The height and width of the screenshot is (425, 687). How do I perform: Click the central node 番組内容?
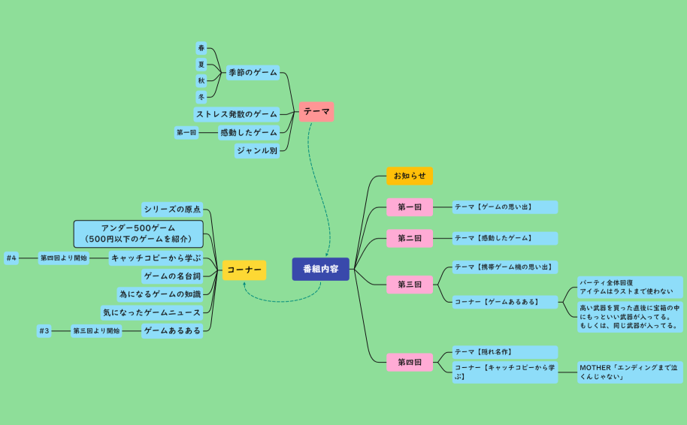pyautogui.click(x=320, y=268)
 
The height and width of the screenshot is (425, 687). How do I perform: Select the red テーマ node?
pyautogui.click(x=316, y=111)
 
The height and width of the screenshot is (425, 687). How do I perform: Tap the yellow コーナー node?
pyautogui.click(x=244, y=270)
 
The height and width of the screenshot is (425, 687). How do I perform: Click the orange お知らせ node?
pyautogui.click(x=410, y=176)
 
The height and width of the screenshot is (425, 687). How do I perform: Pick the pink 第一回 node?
pyautogui.click(x=410, y=206)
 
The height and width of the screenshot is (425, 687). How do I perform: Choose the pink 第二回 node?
pyautogui.click(x=410, y=238)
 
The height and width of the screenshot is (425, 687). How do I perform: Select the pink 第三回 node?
pyautogui.click(x=410, y=285)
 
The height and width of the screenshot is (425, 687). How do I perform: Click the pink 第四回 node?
pyautogui.click(x=410, y=363)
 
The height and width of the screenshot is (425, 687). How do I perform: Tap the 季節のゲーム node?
pyautogui.click(x=253, y=73)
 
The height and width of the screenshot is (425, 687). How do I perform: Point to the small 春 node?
pyautogui.click(x=201, y=48)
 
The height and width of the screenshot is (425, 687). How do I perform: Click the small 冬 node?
pyautogui.click(x=201, y=97)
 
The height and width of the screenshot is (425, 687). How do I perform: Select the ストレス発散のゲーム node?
pyautogui.click(x=237, y=114)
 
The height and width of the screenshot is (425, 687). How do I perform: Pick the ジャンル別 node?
pyautogui.click(x=257, y=150)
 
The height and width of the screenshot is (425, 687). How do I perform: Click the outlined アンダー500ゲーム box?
pyautogui.click(x=138, y=234)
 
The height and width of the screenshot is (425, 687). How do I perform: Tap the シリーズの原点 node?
pyautogui.click(x=172, y=209)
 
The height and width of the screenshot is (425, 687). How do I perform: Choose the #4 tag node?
pyautogui.click(x=11, y=258)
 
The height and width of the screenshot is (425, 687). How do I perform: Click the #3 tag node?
pyautogui.click(x=44, y=330)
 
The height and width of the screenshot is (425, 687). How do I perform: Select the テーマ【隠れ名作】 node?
pyautogui.click(x=504, y=351)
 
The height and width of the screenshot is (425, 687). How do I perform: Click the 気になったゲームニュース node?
pyautogui.click(x=152, y=312)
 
